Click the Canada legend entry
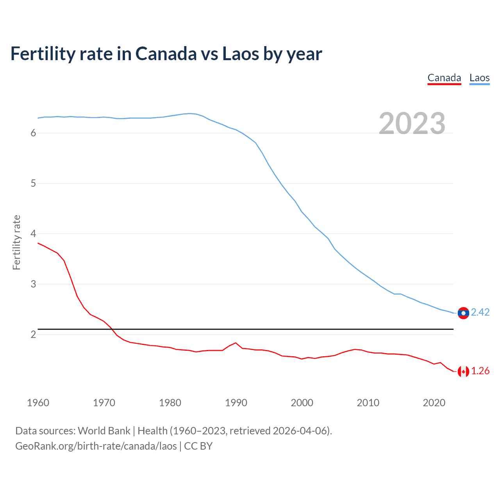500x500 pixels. (444, 78)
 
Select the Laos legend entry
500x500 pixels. (479, 78)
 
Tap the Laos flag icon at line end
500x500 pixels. (463, 313)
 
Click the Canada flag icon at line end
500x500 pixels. (463, 371)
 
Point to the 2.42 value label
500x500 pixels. (480, 312)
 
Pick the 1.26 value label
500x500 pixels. (480, 371)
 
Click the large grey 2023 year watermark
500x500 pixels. (412, 123)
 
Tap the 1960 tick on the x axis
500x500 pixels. (38, 403)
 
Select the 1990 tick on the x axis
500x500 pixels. (236, 403)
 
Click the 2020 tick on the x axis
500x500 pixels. (434, 403)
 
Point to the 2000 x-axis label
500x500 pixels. (302, 403)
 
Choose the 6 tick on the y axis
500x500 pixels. (33, 133)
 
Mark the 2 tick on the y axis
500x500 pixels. (33, 334)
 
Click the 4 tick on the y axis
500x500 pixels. (33, 234)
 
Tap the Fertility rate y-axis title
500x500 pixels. (16, 242)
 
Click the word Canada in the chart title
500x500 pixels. (166, 54)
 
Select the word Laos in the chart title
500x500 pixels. (241, 54)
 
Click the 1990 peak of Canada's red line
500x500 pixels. (236, 343)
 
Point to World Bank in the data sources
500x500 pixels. (104, 431)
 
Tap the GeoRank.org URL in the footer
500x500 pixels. (96, 446)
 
